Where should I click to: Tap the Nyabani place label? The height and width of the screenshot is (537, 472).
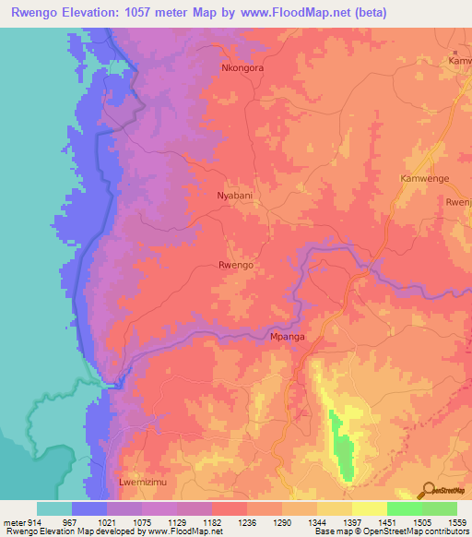[x=234, y=197]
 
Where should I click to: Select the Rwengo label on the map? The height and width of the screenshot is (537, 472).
[x=235, y=265]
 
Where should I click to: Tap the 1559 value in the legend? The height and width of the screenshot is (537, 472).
[x=455, y=521]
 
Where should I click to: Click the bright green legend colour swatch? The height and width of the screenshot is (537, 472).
[x=404, y=508]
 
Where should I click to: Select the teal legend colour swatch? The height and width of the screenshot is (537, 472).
[x=54, y=508]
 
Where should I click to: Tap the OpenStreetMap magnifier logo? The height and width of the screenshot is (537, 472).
[x=426, y=489]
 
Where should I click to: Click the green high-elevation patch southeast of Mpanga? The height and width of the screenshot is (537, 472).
[x=343, y=447]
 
